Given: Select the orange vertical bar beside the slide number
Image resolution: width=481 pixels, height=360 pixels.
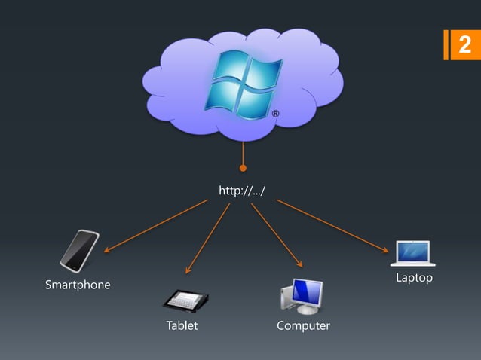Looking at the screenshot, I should (x=447, y=45).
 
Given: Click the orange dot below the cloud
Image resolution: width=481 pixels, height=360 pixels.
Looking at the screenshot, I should (x=243, y=168).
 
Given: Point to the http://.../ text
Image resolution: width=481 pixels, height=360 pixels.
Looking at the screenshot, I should (x=242, y=191).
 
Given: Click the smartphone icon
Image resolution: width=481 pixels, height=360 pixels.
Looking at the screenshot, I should (x=79, y=251).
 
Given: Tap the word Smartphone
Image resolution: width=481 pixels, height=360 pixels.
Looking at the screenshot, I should (x=78, y=285).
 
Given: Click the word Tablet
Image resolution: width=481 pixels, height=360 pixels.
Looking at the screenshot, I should (x=182, y=326).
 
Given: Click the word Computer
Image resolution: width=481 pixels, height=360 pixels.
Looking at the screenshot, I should (x=303, y=326).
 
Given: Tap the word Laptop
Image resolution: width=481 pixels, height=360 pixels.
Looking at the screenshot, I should (x=414, y=279).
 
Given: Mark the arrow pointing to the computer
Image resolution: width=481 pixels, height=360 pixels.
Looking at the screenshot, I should (x=276, y=234).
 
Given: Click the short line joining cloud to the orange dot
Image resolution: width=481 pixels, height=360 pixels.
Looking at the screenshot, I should (x=243, y=154).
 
